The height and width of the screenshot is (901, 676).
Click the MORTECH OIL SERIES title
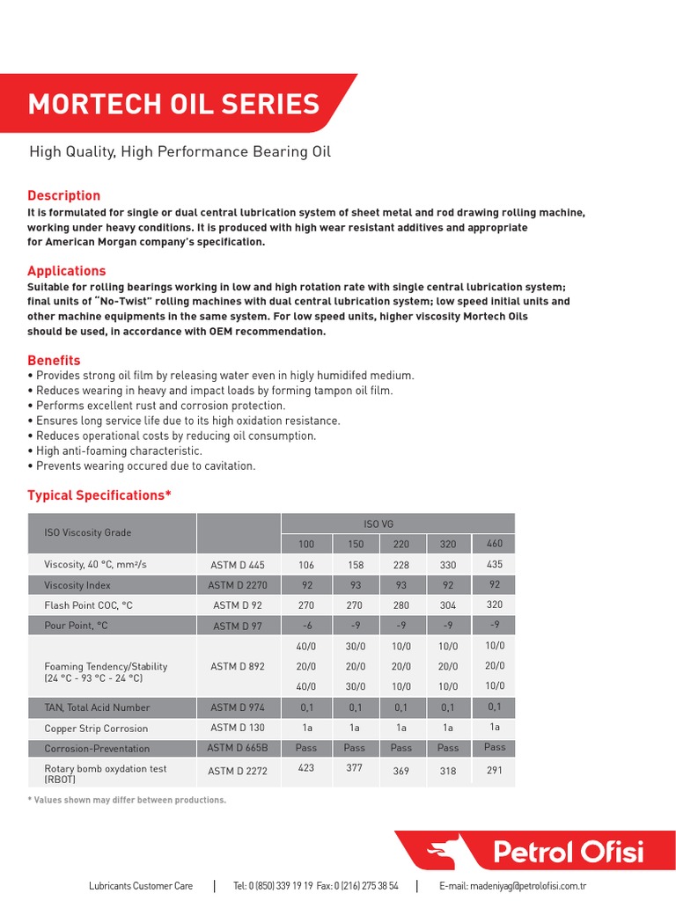173,104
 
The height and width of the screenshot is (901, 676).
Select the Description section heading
64,195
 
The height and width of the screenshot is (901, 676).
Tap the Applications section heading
67,271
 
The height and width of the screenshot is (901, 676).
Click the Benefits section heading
54,360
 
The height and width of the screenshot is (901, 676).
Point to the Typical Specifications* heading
99,495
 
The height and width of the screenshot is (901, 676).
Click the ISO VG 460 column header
494,543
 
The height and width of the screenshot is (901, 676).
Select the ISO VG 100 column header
305,545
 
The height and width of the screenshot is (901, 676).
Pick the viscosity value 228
400,565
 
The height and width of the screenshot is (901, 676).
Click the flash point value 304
448,605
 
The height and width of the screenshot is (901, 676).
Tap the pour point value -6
305,626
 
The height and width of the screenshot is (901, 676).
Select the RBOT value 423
305,767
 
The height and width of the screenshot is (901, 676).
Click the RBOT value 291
494,770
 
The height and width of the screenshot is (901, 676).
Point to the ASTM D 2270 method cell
238,585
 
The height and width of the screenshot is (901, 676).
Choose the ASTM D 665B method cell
238,748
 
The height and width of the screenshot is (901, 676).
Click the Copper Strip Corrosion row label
96,729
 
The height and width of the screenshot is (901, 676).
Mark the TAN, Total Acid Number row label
97,707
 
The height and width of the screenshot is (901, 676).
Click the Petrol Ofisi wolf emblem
443,852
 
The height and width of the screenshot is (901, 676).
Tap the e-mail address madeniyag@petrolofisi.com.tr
512,886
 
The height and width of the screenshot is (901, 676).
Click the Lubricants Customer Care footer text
141,886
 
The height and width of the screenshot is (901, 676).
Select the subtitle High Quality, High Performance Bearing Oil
180,152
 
